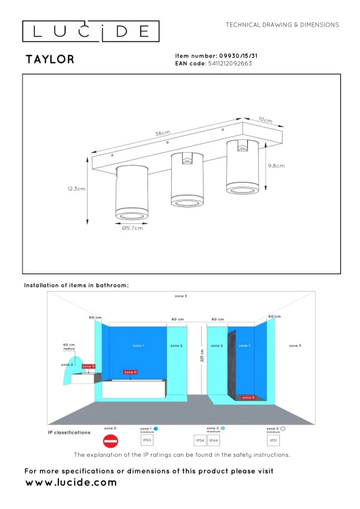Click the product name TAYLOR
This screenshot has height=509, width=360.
50,60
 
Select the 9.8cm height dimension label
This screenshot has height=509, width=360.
276,166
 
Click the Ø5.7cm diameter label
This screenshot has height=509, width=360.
132,228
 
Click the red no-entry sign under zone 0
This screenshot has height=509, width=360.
110,440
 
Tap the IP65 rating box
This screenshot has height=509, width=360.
146,440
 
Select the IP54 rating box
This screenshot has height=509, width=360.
200,440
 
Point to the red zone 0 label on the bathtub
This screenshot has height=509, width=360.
130,372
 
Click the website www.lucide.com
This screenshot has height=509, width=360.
71,483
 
